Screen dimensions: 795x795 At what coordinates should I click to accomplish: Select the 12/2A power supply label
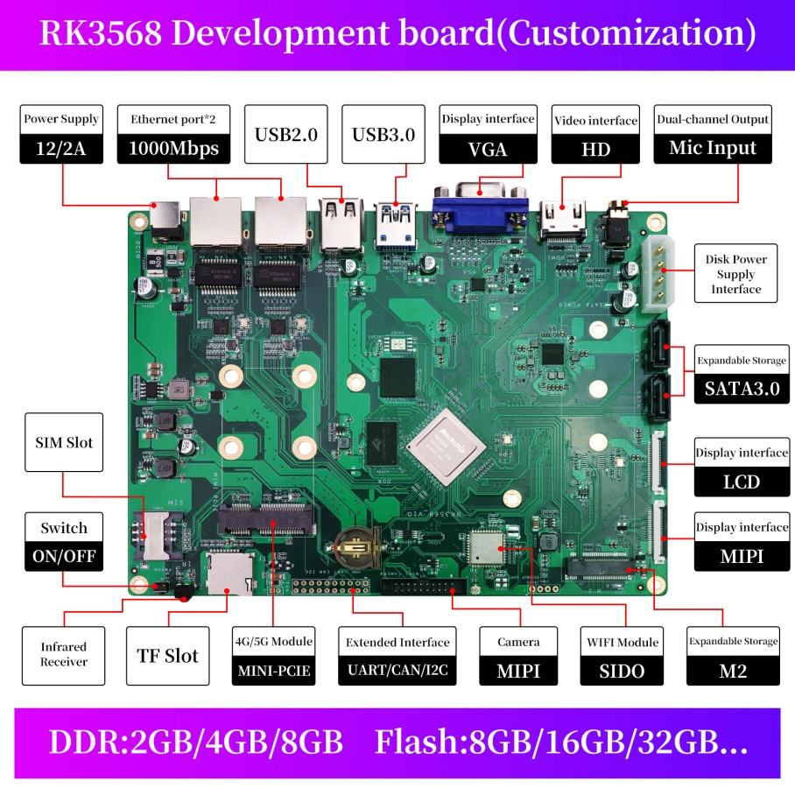coord(61,148)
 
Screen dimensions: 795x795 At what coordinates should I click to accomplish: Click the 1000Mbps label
coord(173,148)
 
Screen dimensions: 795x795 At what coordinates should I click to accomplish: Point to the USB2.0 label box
coord(285,135)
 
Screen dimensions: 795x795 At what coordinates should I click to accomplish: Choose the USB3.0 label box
coord(383,135)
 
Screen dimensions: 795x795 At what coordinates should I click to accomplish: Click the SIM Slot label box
coord(65,442)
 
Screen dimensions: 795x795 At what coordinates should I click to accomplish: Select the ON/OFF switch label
coord(64,556)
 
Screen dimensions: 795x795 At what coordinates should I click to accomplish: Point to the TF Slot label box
coord(167,656)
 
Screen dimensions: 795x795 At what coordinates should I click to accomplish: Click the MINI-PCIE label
coord(273,672)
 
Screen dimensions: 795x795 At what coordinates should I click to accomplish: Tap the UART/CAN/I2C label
coord(397,672)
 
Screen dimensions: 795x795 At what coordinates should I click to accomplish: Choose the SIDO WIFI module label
coord(622,672)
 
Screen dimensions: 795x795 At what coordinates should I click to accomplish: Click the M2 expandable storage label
coord(732,672)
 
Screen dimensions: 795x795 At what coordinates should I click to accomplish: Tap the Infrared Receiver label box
coord(64,655)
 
